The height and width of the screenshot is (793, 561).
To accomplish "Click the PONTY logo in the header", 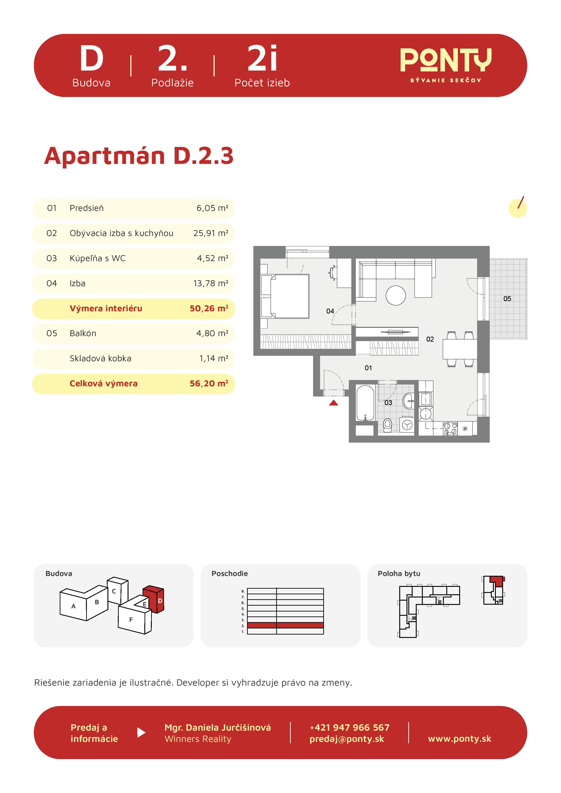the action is (x=446, y=65).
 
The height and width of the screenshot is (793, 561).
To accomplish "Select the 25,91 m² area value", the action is (x=211, y=233).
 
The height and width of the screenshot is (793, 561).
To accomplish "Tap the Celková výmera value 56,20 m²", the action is (x=209, y=383).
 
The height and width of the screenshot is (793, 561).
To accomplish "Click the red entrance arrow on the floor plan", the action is (x=334, y=403).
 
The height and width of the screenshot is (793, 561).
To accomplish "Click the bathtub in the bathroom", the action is (x=365, y=403).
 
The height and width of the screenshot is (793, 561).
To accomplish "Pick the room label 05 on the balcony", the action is (x=507, y=299).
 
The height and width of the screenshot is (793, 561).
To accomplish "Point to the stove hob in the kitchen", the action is (x=450, y=429).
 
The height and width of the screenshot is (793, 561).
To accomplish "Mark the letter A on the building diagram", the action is (x=73, y=606).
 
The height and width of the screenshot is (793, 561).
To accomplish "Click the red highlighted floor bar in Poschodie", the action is (x=285, y=625).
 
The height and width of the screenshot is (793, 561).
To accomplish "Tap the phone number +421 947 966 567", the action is (x=349, y=728).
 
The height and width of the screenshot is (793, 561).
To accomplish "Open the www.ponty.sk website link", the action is (x=459, y=739).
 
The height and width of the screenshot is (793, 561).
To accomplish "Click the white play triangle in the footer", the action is (x=141, y=733).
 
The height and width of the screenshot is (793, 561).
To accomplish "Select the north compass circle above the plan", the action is (x=517, y=208).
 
